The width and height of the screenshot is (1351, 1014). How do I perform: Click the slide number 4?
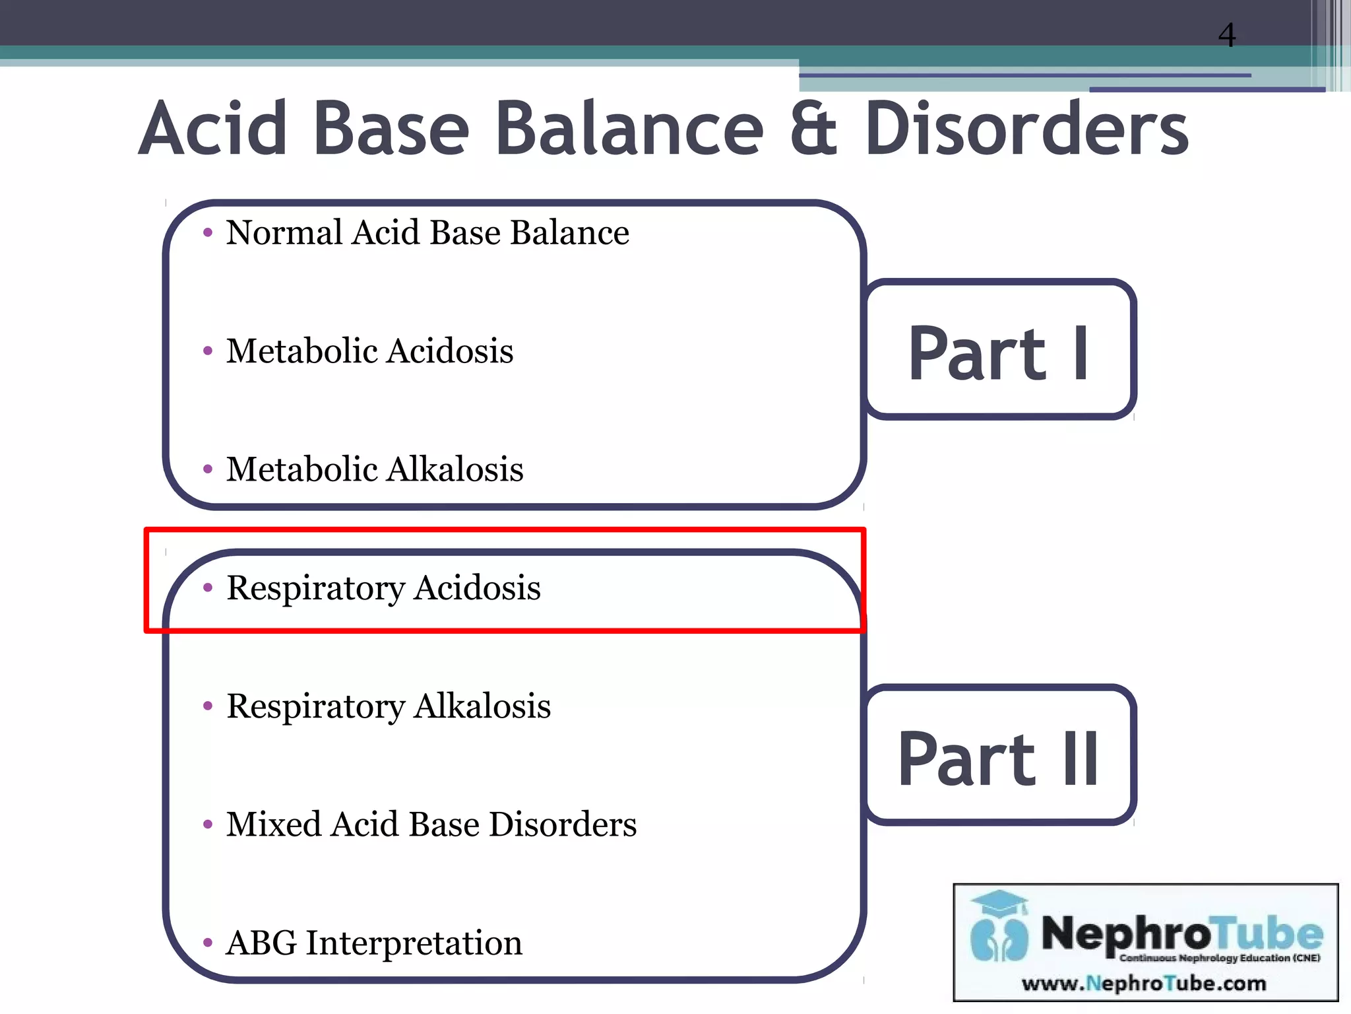coord(1226,35)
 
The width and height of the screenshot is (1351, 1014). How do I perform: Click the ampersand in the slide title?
coord(813,129)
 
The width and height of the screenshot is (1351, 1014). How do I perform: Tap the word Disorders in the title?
coord(1026,129)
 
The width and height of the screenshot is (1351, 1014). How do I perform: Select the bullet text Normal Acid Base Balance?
coord(427,233)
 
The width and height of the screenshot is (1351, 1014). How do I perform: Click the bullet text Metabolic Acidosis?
coord(369,351)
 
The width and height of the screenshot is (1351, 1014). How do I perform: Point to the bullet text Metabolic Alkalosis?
coord(375,469)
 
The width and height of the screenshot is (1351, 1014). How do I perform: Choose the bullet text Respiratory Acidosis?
coord(383,588)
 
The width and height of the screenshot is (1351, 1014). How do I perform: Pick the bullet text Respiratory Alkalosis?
coord(389,706)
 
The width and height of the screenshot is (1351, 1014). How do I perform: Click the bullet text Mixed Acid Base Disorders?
coord(431,825)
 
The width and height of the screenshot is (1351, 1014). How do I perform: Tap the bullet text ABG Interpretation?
coord(374,943)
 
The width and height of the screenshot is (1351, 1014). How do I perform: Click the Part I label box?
coord(1000,350)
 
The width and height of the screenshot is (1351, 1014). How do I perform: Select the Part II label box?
coord(1000,756)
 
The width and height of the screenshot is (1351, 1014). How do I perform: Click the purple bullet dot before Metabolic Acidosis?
coord(208,351)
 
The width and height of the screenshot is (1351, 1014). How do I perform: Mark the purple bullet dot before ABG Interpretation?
coord(208,943)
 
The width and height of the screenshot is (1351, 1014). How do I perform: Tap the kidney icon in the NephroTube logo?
coord(999,938)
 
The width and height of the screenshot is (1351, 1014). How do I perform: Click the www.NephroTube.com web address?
coord(1144,984)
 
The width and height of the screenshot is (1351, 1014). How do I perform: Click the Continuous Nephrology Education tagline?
coord(1219,958)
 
